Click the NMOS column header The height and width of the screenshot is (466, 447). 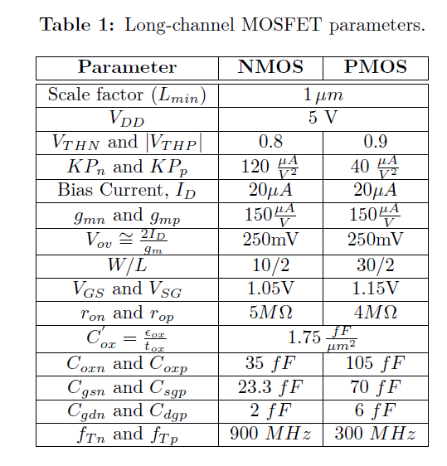coord(270,67)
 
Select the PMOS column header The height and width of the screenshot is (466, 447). coord(375,67)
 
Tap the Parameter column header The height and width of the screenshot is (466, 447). coord(127,67)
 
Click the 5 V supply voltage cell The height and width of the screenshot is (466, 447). coord(323,117)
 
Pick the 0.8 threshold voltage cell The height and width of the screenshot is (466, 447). coord(270,142)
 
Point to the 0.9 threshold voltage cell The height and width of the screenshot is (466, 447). coord(375,142)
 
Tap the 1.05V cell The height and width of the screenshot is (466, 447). coord(270,289)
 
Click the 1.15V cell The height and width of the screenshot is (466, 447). coord(375,289)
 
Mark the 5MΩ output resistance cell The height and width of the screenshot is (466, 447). coord(270,313)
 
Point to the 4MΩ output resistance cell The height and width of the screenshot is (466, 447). coord(375,313)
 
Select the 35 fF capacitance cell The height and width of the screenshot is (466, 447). coord(270,363)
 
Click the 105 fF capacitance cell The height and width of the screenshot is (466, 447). coord(375,363)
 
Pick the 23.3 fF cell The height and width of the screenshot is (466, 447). coord(270,387)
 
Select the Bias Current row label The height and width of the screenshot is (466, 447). coord(127,190)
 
